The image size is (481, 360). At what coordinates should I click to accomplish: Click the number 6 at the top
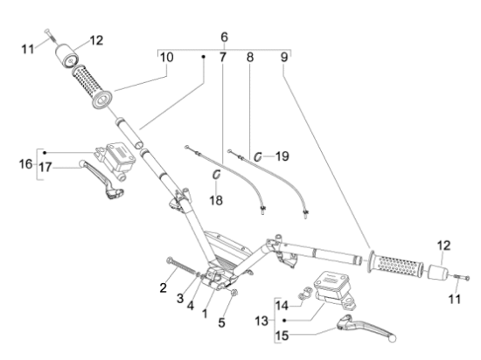tap(224, 37)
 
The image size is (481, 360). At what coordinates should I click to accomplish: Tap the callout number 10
tap(166, 58)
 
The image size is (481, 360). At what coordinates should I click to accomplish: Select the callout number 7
tap(222, 58)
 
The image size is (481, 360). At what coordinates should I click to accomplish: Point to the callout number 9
tap(282, 58)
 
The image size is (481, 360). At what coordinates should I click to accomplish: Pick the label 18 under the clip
tap(216, 199)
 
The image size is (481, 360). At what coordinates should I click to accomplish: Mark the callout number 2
tap(164, 287)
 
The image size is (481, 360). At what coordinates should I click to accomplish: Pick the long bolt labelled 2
tap(179, 263)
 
